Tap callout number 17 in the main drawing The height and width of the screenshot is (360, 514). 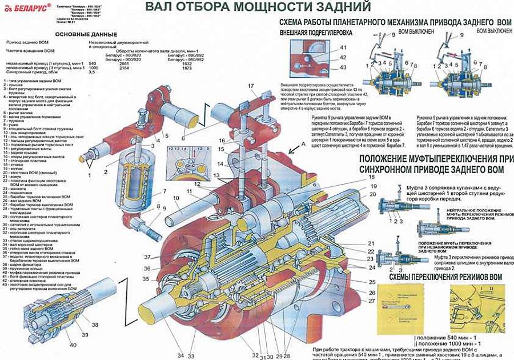(x=250, y=86)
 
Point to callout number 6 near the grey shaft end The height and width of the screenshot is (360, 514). (x=183, y=138)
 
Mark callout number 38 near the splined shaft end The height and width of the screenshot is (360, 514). (x=94, y=325)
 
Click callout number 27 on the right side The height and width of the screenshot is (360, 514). (x=372, y=300)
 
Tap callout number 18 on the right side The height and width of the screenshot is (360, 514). (x=372, y=178)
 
